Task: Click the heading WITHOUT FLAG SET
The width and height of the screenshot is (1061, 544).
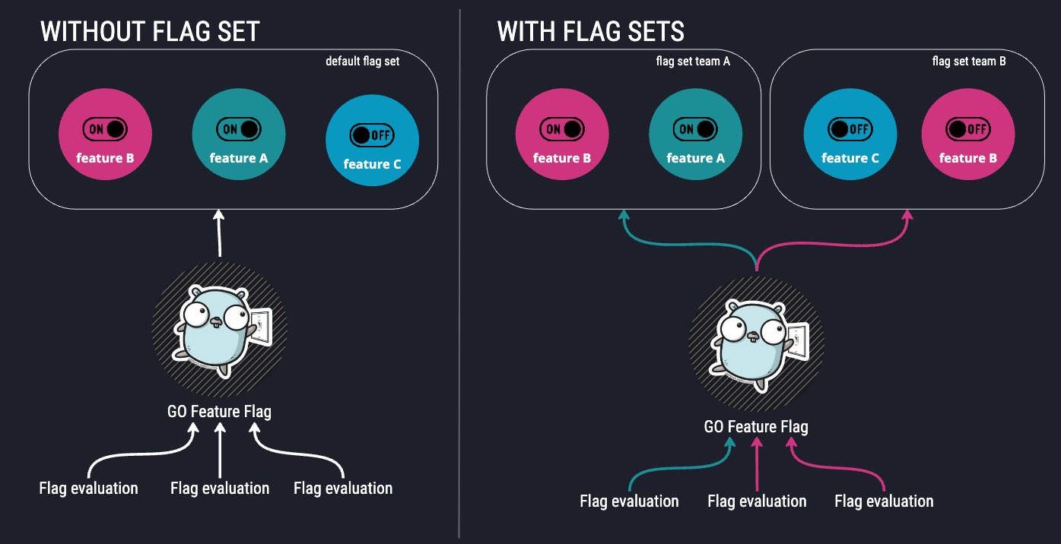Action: pyautogui.click(x=150, y=31)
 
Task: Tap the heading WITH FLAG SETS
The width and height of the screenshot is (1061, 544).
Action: pyautogui.click(x=590, y=31)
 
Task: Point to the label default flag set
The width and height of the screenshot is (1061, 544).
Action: pyautogui.click(x=362, y=62)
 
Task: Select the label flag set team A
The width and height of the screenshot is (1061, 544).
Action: pyautogui.click(x=692, y=62)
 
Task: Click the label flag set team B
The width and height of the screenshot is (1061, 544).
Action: pyautogui.click(x=968, y=62)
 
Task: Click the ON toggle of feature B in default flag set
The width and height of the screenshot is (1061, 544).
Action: pyautogui.click(x=105, y=129)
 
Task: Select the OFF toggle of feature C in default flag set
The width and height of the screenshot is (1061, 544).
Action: pyautogui.click(x=372, y=134)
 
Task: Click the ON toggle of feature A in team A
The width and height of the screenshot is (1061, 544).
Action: pyautogui.click(x=695, y=129)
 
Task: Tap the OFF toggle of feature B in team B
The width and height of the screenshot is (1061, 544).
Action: pyautogui.click(x=967, y=129)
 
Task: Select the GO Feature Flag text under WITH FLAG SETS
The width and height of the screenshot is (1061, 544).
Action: pyautogui.click(x=755, y=426)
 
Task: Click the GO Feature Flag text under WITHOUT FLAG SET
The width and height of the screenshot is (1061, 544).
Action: pyautogui.click(x=219, y=412)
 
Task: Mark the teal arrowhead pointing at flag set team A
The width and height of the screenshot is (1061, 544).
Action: pyautogui.click(x=624, y=216)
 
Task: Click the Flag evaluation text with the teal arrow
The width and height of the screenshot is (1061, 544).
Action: pyautogui.click(x=629, y=501)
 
